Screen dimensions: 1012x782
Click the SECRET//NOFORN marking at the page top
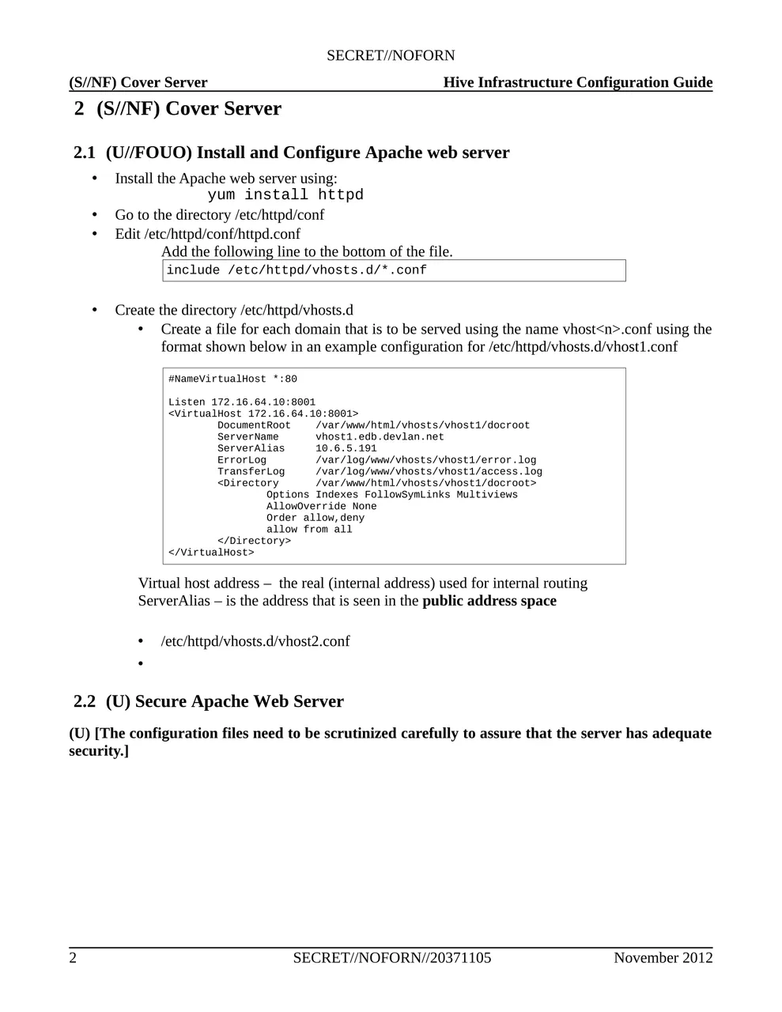coord(391,55)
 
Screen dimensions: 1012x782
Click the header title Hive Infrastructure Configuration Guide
coord(577,82)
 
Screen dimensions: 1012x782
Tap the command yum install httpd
coord(285,195)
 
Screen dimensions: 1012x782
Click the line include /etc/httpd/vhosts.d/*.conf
coord(297,270)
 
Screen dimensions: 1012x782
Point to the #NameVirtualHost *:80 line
coord(232,379)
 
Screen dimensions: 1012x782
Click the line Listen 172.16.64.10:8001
coord(241,402)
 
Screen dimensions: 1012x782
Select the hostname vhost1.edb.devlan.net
coord(380,436)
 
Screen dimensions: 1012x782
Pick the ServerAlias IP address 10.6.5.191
coord(346,448)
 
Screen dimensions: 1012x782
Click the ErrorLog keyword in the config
coord(242,460)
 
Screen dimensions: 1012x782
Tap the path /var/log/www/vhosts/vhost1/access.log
coord(429,471)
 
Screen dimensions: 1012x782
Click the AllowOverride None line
coord(321,506)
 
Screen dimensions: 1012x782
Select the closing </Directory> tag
coord(254,541)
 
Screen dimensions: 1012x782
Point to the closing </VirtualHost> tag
coord(211,553)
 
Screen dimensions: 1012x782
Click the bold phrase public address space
coord(489,601)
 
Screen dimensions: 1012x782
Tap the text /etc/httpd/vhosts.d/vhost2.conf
coord(255,641)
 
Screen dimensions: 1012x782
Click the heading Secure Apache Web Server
coord(240,701)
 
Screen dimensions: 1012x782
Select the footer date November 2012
coord(663,957)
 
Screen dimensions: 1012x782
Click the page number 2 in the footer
coord(73,957)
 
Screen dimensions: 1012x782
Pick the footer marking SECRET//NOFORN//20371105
coord(391,957)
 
